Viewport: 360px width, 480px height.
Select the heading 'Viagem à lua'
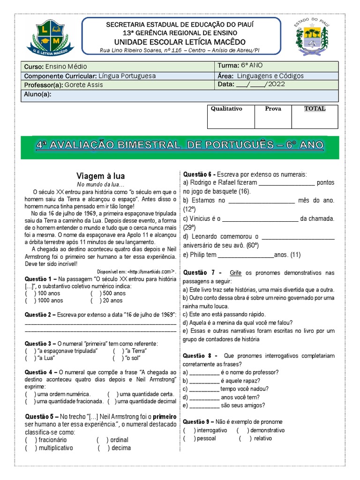click(100, 176)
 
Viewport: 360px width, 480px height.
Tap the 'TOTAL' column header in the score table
click(315, 109)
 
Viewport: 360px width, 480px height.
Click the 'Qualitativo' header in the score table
click(226, 109)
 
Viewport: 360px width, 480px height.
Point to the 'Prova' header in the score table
click(273, 109)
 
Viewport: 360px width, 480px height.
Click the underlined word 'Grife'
click(235, 273)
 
